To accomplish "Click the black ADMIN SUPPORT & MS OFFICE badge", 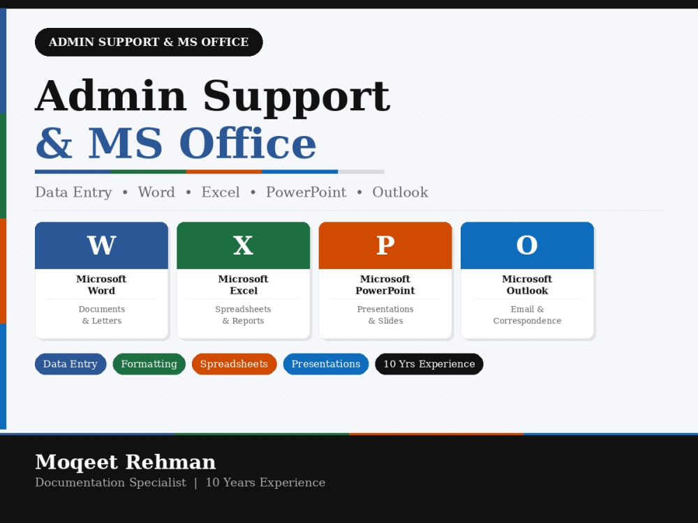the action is pyautogui.click(x=149, y=42).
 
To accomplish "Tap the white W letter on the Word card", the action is pyautogui.click(x=101, y=245).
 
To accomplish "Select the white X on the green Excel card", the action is pyautogui.click(x=243, y=245).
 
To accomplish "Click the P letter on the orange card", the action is pyautogui.click(x=385, y=245).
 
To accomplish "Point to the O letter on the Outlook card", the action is pyautogui.click(x=527, y=245).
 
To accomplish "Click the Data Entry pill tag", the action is pyautogui.click(x=70, y=364).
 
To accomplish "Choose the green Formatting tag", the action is pyautogui.click(x=149, y=364).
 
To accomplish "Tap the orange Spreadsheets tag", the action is pyautogui.click(x=234, y=364).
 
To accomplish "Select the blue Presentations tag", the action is pyautogui.click(x=326, y=364).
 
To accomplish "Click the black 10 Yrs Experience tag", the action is pyautogui.click(x=429, y=364).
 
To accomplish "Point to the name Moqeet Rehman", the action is pyautogui.click(x=126, y=462).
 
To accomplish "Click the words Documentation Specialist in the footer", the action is pyautogui.click(x=110, y=483).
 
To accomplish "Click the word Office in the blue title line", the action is pyautogui.click(x=248, y=143).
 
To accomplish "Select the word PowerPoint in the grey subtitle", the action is pyautogui.click(x=306, y=192).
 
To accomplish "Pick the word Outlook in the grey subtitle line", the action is pyautogui.click(x=400, y=192).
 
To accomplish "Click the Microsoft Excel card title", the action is pyautogui.click(x=243, y=285).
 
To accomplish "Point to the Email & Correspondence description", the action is pyautogui.click(x=527, y=315).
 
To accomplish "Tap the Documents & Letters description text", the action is pyautogui.click(x=101, y=315).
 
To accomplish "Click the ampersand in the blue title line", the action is pyautogui.click(x=54, y=143).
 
